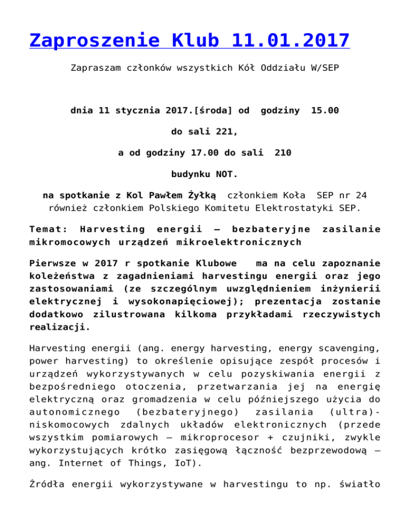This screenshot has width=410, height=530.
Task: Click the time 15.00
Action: click(325, 111)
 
